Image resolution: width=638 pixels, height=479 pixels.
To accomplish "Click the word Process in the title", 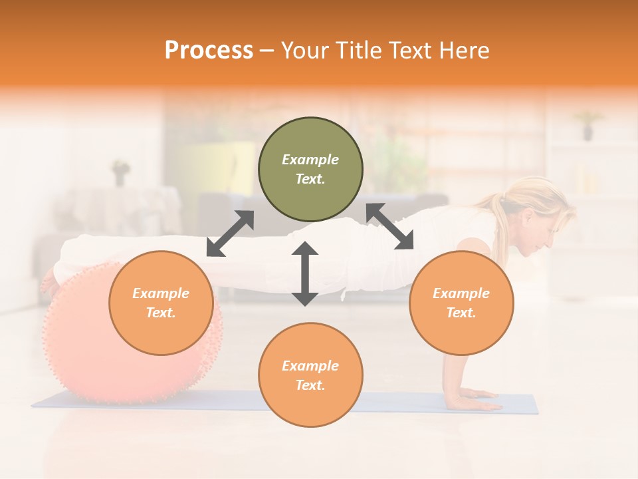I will (209, 51).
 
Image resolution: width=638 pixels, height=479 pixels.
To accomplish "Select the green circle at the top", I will (310, 170).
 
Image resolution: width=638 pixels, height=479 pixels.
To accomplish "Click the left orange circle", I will (161, 303).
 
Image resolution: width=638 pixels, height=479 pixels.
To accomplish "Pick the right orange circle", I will (461, 303).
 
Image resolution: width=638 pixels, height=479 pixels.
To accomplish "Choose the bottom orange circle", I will (310, 375).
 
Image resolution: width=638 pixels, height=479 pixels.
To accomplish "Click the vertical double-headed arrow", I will (305, 273).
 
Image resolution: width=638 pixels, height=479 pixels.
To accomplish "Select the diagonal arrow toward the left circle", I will (230, 234).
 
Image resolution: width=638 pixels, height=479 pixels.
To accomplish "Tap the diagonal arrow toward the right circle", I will (390, 226).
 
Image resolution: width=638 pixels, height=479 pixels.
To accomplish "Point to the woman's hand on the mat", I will (475, 402).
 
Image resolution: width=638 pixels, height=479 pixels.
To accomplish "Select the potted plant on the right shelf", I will (587, 124).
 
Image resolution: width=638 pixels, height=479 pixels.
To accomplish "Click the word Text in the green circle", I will (310, 180).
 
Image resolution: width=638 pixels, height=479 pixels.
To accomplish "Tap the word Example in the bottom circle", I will (310, 366).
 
